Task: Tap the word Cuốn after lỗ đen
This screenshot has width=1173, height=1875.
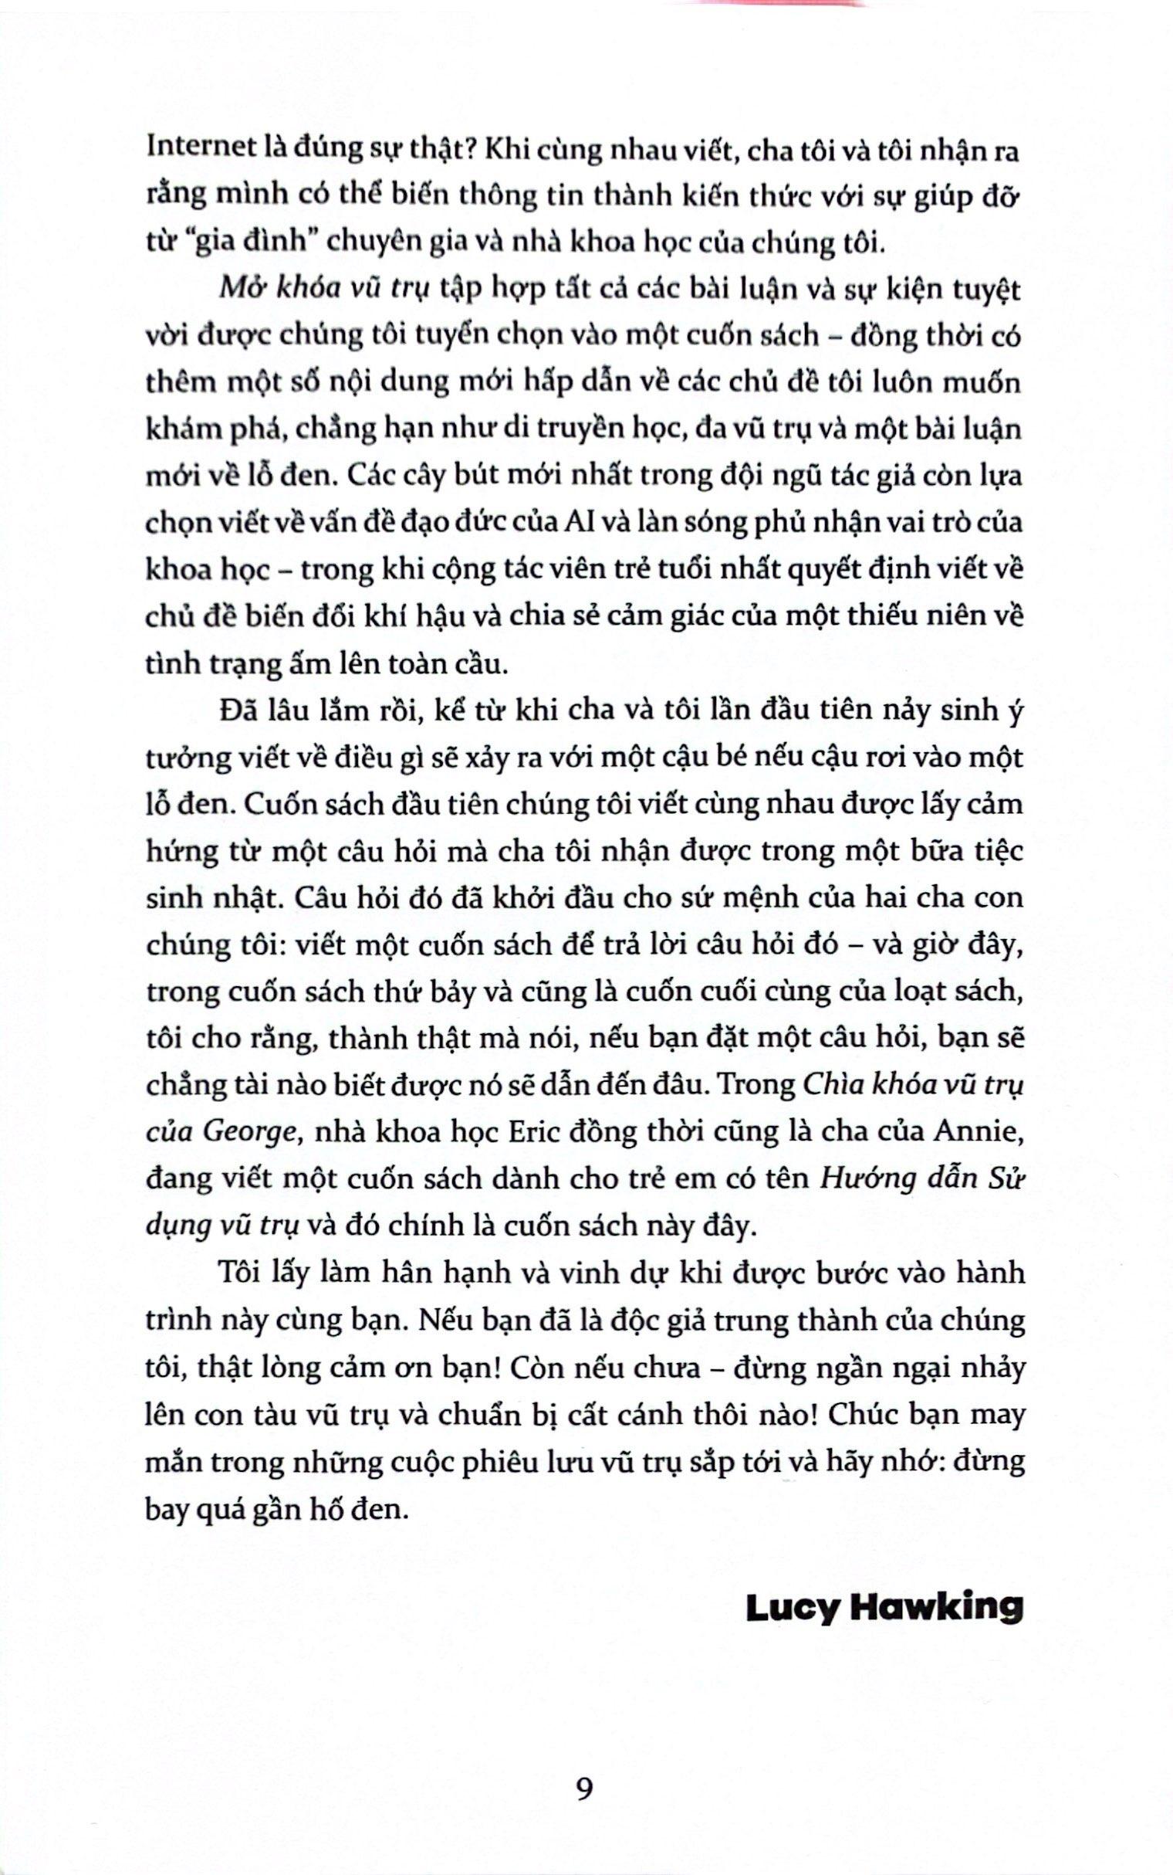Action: [x=279, y=804]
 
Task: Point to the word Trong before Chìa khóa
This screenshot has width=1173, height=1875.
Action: [x=757, y=1084]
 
